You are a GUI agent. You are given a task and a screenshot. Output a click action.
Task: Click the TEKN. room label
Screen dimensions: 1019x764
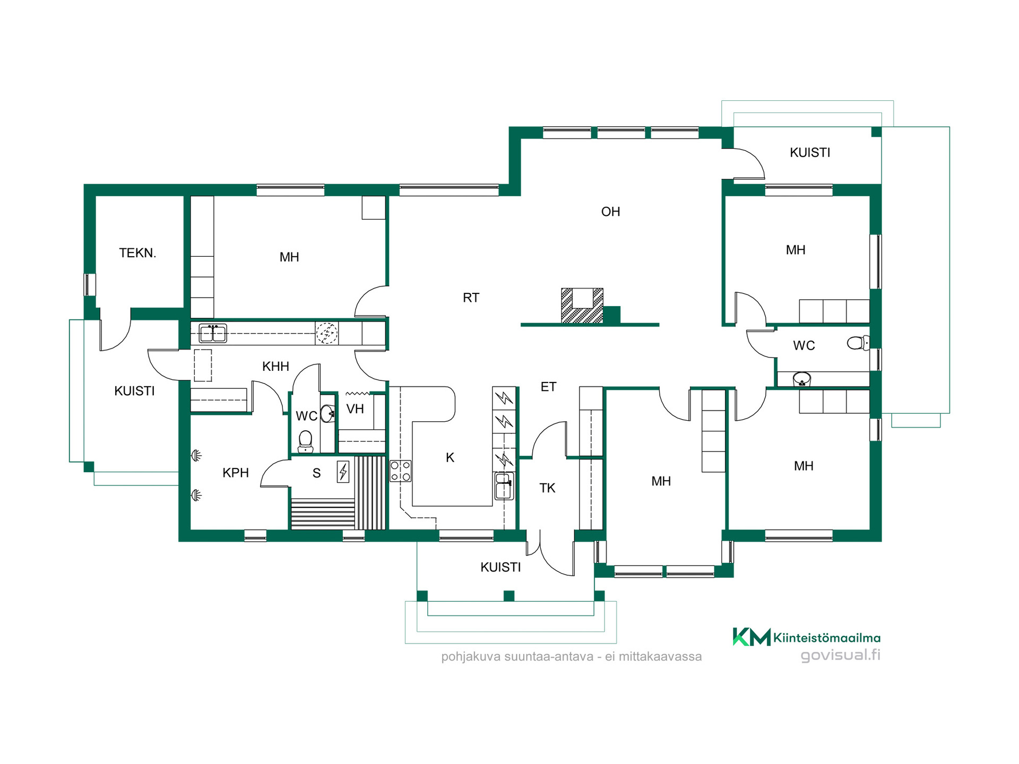point(137,253)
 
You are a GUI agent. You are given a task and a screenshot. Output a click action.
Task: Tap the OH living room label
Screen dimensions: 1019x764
point(610,212)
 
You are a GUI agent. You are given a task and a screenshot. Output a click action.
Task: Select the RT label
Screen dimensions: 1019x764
point(471,298)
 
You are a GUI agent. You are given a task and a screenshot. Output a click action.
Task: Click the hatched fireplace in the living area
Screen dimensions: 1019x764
point(582,306)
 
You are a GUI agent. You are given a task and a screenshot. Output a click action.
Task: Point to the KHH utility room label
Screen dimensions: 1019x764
point(275,366)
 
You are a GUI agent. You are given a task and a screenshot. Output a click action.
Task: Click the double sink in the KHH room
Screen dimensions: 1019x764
point(213,333)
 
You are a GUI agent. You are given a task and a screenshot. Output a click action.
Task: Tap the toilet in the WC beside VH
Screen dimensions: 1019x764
point(305,441)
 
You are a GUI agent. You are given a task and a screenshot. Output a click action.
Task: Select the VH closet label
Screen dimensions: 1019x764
point(355,409)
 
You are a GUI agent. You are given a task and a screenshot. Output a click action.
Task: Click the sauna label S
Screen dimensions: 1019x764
point(316,473)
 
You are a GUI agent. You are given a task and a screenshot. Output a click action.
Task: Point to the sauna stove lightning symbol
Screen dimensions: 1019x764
point(343,472)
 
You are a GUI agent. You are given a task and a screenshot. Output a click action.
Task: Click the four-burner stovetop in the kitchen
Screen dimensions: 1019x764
point(400,471)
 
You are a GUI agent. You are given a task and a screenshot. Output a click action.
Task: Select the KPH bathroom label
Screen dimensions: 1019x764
point(236,473)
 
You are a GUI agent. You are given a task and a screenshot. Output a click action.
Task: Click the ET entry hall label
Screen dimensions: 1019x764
point(548,387)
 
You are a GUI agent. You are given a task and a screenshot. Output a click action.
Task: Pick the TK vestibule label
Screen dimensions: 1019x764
point(547,488)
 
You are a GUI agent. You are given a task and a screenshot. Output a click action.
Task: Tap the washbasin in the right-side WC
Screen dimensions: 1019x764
point(801,379)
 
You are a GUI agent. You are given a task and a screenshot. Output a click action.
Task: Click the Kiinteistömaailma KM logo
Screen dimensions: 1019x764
point(752,637)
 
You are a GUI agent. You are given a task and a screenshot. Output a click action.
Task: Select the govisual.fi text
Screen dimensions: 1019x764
point(840,655)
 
